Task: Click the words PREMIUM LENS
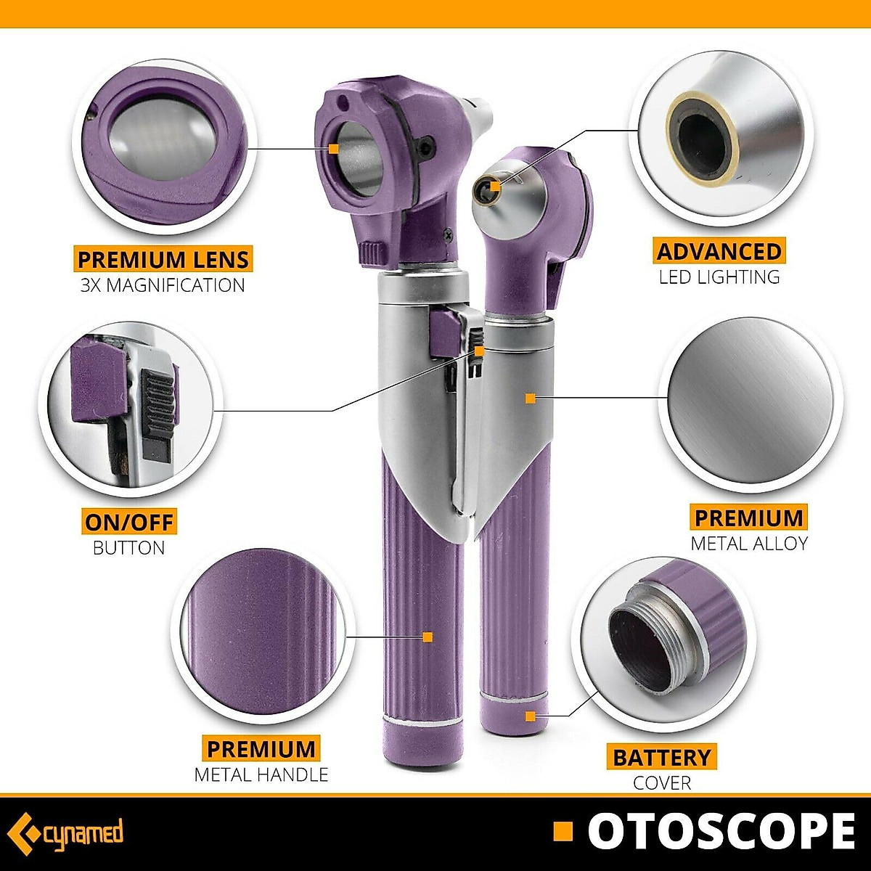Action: (163, 259)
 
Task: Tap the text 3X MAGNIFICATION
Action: (163, 285)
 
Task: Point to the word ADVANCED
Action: (719, 251)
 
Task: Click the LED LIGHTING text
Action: (719, 277)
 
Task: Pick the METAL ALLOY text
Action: (749, 543)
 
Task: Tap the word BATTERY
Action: (662, 757)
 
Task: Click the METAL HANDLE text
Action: (261, 774)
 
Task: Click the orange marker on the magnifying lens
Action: (333, 148)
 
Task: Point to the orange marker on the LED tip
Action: (495, 186)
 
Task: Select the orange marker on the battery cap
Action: (531, 716)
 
